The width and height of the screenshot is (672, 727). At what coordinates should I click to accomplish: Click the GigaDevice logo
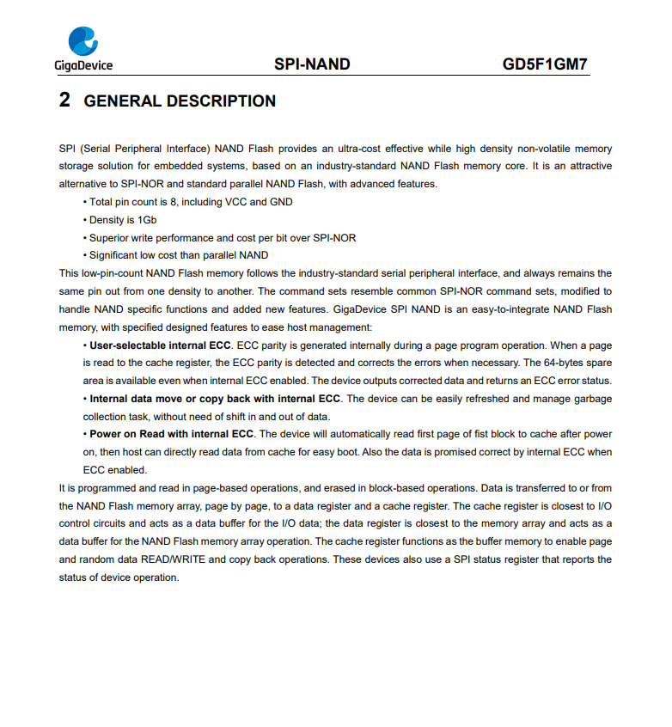click(83, 48)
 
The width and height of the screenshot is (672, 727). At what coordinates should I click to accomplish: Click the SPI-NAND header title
click(312, 64)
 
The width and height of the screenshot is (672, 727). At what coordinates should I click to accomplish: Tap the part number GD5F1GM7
click(545, 64)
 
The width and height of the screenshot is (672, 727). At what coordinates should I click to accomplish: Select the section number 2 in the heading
click(64, 101)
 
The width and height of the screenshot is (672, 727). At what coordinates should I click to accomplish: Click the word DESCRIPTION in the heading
click(221, 101)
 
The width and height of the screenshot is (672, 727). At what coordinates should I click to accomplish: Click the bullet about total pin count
click(191, 202)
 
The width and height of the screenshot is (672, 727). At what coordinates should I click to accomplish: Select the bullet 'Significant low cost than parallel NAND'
click(179, 255)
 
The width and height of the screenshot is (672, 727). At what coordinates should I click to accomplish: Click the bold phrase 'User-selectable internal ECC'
click(160, 345)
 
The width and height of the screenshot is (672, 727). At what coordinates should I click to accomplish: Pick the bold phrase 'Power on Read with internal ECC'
click(172, 434)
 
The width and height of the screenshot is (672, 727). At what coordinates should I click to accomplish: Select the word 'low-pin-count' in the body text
click(115, 273)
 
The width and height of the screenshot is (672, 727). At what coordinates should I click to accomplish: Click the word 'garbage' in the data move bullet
click(593, 399)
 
